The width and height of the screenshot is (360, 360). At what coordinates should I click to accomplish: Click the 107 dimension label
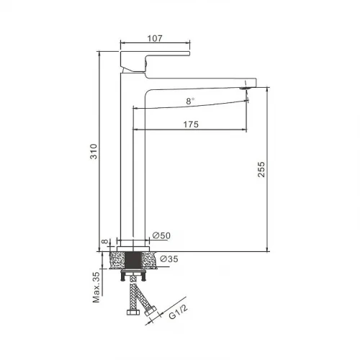tap(155, 38)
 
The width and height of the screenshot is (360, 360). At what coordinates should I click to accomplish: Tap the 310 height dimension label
tap(94, 151)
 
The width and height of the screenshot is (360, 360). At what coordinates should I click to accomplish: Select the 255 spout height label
tap(261, 169)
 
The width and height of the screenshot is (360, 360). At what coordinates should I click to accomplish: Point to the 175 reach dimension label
tap(191, 125)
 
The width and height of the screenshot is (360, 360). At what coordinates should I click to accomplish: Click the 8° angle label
tap(190, 102)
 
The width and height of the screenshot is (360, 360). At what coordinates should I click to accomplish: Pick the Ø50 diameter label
tap(161, 235)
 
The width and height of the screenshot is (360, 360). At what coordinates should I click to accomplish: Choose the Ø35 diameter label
tap(169, 258)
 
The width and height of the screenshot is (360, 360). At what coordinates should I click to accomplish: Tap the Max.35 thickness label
tap(96, 287)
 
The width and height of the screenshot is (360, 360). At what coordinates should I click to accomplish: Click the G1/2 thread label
tap(178, 312)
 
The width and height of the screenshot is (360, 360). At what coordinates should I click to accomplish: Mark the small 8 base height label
tap(105, 241)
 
